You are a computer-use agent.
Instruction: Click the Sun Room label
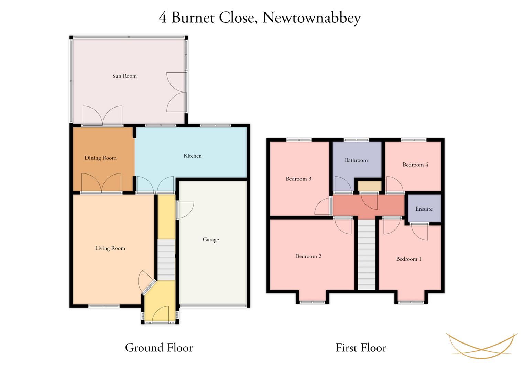pyautogui.click(x=124, y=76)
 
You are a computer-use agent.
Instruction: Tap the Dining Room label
pyautogui.click(x=100, y=158)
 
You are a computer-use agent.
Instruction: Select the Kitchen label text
pyautogui.click(x=193, y=156)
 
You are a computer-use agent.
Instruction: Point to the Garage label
pyautogui.click(x=211, y=240)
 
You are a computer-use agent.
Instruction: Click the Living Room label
pyautogui.click(x=110, y=248)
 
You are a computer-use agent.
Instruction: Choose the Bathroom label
pyautogui.click(x=356, y=160)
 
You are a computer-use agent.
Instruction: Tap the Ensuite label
pyautogui.click(x=424, y=209)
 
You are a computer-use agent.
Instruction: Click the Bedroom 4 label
pyautogui.click(x=415, y=165)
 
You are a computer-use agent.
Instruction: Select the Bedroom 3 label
pyautogui.click(x=298, y=179)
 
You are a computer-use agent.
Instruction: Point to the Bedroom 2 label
pyautogui.click(x=308, y=256)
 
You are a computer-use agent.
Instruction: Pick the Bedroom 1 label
pyautogui.click(x=409, y=259)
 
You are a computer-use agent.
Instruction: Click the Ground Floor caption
pyautogui.click(x=159, y=348)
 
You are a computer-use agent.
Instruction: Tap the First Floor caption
pyautogui.click(x=361, y=348)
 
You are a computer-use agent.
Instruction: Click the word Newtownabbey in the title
pyautogui.click(x=312, y=18)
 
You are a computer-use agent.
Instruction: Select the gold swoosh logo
pyautogui.click(x=482, y=346)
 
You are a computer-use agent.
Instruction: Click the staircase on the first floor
pyautogui.click(x=366, y=255)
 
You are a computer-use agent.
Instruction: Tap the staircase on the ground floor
pyautogui.click(x=166, y=259)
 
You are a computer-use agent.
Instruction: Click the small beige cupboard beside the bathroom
pyautogui.click(x=369, y=186)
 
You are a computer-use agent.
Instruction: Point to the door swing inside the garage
pyautogui.click(x=185, y=210)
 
